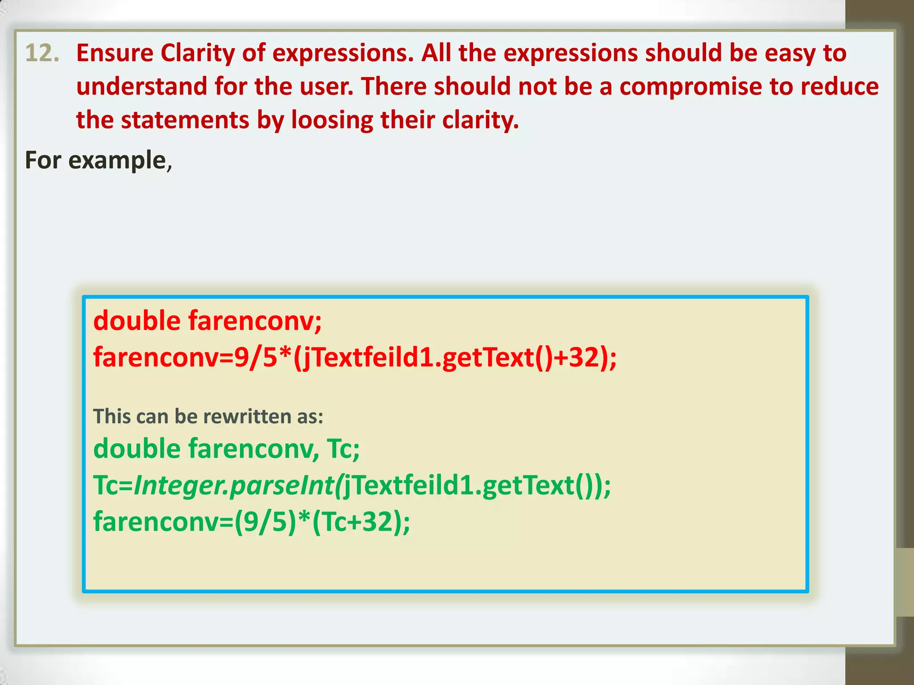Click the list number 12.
[x=42, y=54]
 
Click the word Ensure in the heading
[x=115, y=54]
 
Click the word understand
[x=141, y=87]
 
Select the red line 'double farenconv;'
[x=208, y=321]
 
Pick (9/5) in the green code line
[x=266, y=522]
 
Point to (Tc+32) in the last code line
[x=359, y=522]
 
